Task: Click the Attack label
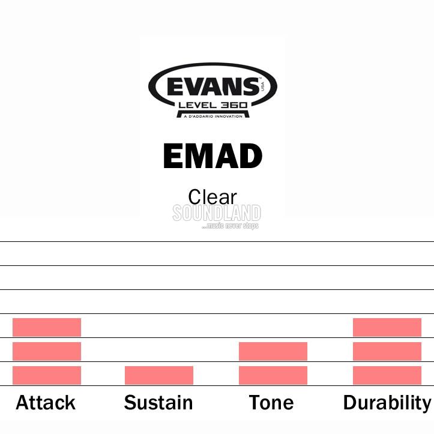(46, 402)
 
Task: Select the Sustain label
(158, 402)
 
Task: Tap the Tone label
(271, 402)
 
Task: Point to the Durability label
(387, 403)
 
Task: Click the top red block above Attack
(47, 327)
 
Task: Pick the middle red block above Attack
(47, 351)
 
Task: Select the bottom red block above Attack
(47, 375)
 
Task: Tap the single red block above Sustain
(159, 375)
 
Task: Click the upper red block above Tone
(273, 351)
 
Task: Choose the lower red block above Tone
(273, 375)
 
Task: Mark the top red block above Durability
(387, 327)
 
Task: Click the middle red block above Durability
(387, 351)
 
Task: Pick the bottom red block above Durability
(387, 375)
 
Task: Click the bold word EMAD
(212, 156)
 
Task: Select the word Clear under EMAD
(212, 197)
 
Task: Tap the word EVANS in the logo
(213, 86)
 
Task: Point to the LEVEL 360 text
(213, 105)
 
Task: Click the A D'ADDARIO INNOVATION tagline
(213, 116)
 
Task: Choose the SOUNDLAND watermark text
(217, 213)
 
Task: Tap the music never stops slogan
(231, 226)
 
